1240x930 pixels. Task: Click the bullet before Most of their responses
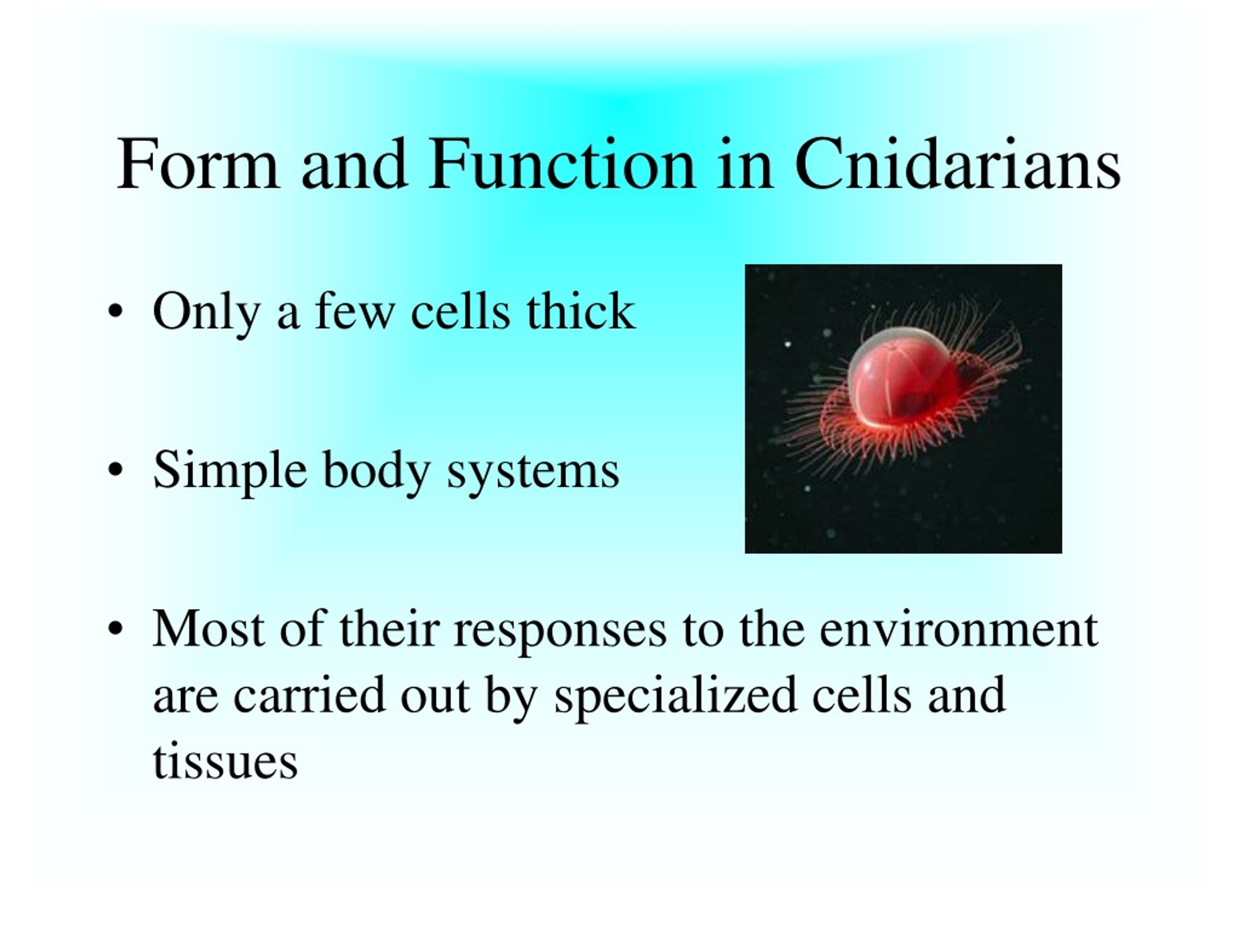click(x=115, y=629)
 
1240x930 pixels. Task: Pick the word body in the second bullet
click(x=376, y=471)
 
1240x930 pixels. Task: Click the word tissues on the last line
click(x=225, y=762)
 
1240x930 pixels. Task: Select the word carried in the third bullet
click(x=310, y=695)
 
